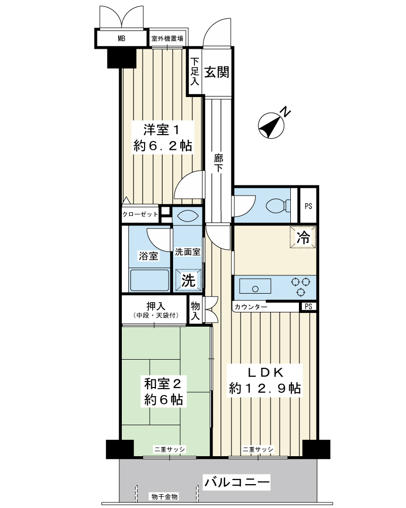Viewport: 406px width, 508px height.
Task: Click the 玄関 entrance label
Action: (x=217, y=72)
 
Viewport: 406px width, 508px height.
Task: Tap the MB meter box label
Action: (x=121, y=39)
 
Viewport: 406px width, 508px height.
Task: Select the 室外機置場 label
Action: (x=167, y=39)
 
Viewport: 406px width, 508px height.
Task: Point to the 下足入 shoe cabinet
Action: (x=194, y=71)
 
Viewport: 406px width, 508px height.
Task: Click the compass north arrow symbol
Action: (x=272, y=125)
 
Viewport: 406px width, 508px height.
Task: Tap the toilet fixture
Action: (x=278, y=206)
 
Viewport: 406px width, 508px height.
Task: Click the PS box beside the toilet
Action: (x=308, y=206)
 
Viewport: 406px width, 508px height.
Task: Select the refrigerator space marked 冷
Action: (x=303, y=237)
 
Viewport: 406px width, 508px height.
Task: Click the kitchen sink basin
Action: (x=255, y=286)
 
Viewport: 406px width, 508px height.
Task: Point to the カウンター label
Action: (x=250, y=307)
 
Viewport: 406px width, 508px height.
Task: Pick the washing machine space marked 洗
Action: (x=188, y=280)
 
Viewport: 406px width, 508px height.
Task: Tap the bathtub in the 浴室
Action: (x=149, y=280)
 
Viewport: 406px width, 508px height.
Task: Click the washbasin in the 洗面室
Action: (x=188, y=216)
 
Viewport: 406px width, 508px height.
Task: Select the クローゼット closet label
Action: (x=140, y=214)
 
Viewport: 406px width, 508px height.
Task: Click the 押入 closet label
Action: (x=156, y=306)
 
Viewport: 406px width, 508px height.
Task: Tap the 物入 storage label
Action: (x=195, y=310)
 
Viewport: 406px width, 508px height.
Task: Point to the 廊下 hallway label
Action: (x=219, y=163)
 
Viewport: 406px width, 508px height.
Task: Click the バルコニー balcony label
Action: (x=236, y=483)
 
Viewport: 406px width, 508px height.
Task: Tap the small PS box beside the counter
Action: (x=308, y=306)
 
